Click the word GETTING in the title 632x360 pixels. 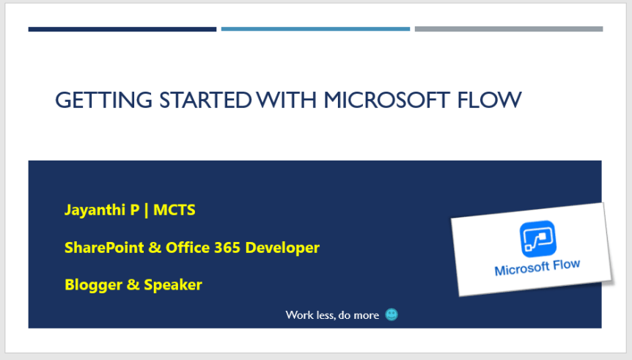coord(104,100)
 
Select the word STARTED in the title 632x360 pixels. coord(205,100)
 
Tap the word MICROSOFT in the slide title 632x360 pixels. coord(387,100)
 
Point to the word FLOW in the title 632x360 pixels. coord(489,100)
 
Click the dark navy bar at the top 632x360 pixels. coord(122,29)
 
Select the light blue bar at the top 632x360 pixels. coord(315,29)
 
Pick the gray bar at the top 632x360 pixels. coord(509,29)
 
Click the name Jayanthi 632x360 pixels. coord(95,210)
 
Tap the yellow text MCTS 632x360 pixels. coord(174,210)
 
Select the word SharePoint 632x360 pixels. coord(104,248)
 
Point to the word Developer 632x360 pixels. coord(282,248)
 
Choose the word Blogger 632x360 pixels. coord(94,285)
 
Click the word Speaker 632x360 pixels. coord(173,285)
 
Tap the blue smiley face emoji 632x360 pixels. coord(392,315)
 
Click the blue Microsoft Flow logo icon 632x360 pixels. coord(538,239)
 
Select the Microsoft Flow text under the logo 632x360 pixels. coord(537,268)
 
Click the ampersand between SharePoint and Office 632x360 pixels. coord(155,248)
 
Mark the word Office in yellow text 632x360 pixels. coord(188,248)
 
